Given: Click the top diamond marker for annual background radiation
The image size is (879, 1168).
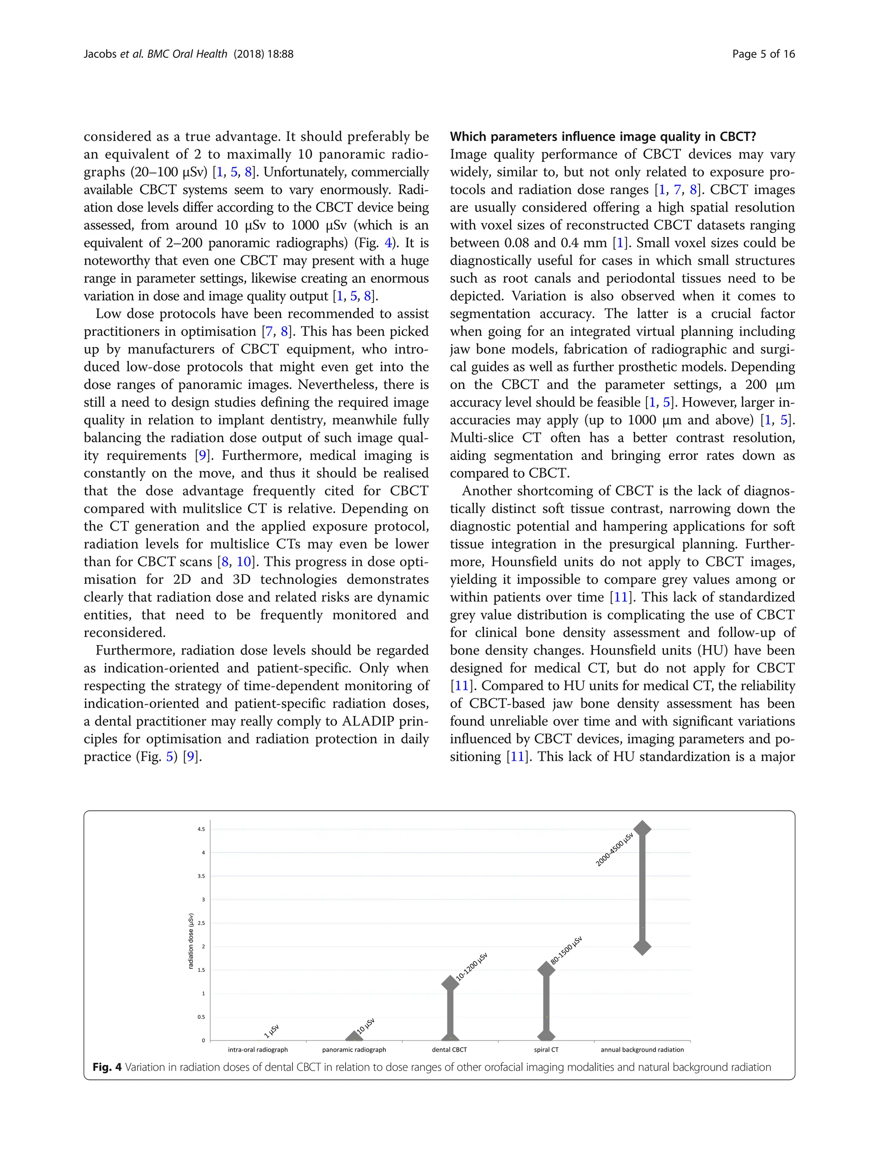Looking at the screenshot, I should click(642, 828).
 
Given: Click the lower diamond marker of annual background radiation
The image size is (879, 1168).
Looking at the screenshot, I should click(642, 947).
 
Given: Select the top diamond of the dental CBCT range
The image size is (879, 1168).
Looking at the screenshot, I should click(450, 983).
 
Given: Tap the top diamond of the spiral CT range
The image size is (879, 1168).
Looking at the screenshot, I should click(546, 969).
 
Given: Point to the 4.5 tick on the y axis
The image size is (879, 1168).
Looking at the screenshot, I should click(201, 829).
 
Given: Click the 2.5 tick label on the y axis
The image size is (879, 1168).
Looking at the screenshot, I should click(201, 923).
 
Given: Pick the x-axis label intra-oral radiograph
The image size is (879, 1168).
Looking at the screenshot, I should click(258, 1050).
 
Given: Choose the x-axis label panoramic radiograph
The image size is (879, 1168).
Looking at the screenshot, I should click(354, 1050).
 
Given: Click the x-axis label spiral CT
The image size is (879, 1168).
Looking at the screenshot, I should click(546, 1050).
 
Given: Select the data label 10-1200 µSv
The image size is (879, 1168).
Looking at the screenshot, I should click(471, 967).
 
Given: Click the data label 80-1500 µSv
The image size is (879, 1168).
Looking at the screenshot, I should click(566, 950).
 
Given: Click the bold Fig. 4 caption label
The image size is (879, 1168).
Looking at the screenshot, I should click(107, 1067).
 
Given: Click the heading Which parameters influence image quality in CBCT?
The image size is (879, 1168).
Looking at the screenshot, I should click(603, 137).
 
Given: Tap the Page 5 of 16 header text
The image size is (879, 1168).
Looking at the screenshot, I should click(764, 54).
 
